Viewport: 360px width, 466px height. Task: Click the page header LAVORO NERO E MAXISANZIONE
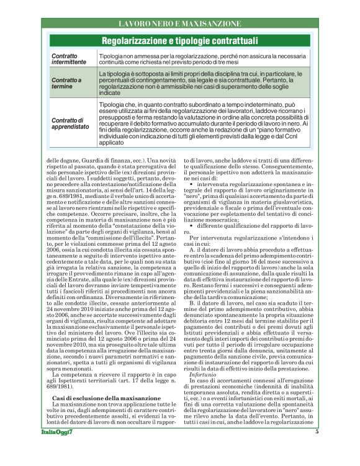click(x=179, y=24)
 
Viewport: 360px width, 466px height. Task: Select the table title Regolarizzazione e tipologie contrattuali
click(x=179, y=42)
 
